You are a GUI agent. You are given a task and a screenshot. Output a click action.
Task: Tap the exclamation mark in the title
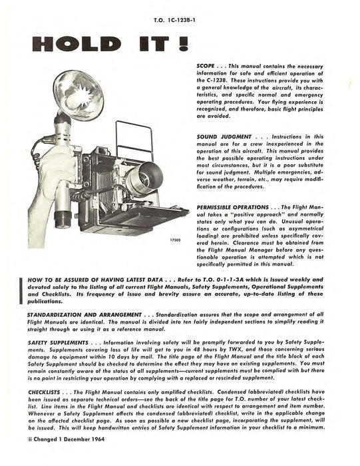click(x=182, y=44)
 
